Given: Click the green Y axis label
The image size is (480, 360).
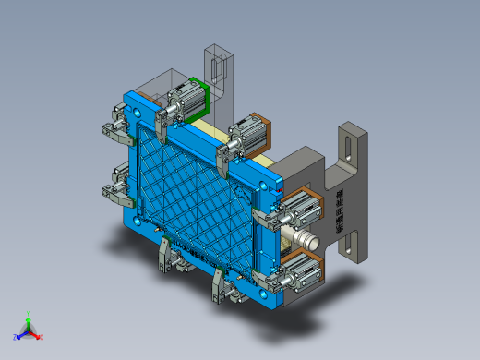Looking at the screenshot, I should (28, 313).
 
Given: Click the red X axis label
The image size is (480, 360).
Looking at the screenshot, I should (42, 337).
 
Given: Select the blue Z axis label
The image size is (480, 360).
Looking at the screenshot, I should (16, 337).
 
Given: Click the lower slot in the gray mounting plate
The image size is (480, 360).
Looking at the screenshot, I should (351, 244).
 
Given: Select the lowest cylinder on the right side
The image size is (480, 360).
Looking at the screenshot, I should (298, 271).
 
